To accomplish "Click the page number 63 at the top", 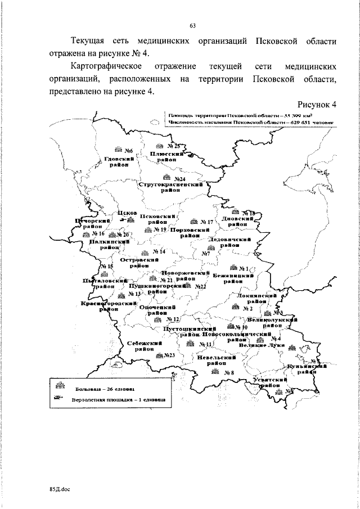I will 193,25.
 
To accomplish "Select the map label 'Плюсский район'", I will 167,156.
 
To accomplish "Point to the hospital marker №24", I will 176,179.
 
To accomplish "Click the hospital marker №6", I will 123,150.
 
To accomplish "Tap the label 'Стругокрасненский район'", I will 170,187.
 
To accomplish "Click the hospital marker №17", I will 202,222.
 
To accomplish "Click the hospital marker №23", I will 166,355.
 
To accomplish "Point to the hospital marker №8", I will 224,372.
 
